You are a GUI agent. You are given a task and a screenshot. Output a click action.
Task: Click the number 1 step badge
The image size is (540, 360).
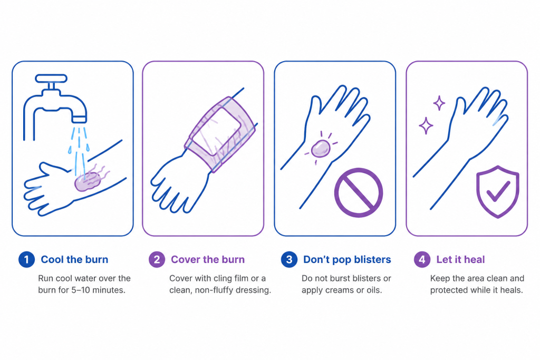pos(26,259)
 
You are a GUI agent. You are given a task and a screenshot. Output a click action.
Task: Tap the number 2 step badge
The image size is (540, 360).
pos(157,259)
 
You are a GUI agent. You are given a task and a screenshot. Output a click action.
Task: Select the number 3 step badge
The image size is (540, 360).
pos(289,259)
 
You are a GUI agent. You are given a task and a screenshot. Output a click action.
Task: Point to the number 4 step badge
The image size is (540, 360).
pos(422,259)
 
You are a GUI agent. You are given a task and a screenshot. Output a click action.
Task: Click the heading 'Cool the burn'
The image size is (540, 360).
pos(74,259)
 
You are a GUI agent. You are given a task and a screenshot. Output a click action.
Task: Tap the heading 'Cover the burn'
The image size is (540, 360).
pos(208,259)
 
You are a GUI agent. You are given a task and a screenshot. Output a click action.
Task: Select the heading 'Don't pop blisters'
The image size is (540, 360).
pos(347,259)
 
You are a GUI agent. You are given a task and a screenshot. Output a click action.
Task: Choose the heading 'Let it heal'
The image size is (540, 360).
pos(460,259)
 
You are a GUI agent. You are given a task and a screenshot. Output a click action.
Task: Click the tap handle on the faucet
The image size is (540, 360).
pos(51,79)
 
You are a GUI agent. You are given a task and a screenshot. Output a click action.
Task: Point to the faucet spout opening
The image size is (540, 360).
pos(79,120)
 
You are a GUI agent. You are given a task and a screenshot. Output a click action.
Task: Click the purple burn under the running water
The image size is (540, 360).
pos(88,181)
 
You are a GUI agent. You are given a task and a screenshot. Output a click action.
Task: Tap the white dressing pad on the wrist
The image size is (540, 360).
pos(216,131)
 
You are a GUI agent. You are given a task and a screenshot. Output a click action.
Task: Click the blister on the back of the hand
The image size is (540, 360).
pos(321,149)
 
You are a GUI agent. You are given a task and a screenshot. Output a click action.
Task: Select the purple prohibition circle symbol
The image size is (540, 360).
pos(359,192)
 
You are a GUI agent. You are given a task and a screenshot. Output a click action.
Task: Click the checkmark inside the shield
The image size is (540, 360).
pos(498,191)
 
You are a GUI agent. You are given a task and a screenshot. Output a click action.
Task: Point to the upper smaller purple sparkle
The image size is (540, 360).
pos(439,103)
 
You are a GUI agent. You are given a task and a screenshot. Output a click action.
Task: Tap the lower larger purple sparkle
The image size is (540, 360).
pos(426,125)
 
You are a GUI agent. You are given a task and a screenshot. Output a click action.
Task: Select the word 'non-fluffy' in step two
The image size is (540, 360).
pos(216,290)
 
